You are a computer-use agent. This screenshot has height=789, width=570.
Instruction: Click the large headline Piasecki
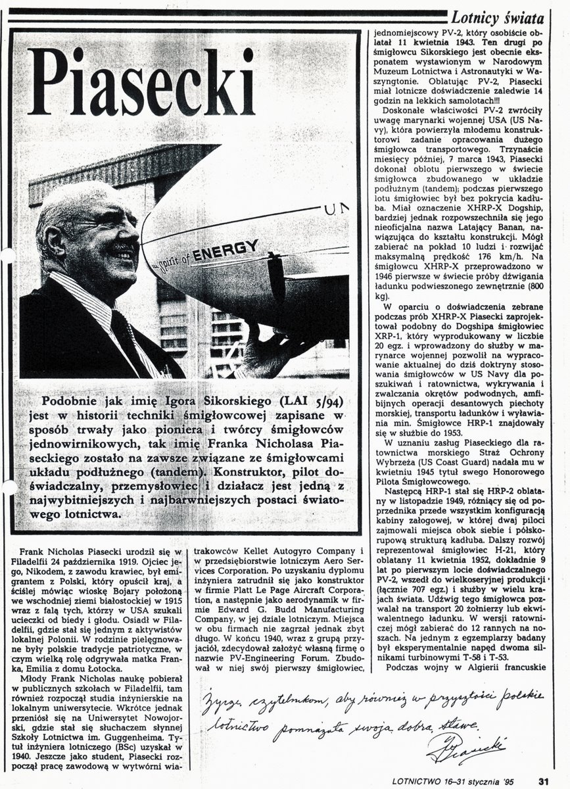pos(141,82)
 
